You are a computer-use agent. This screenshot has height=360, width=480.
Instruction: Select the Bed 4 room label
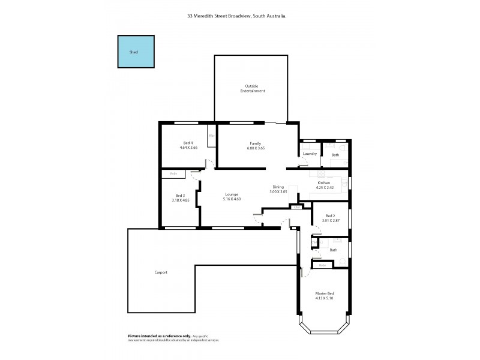[x=188, y=142]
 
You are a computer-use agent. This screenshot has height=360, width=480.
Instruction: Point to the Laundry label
[x=310, y=154]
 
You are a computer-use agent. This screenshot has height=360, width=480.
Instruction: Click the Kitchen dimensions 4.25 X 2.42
[x=324, y=188]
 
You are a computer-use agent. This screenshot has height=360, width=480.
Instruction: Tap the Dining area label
[x=278, y=187]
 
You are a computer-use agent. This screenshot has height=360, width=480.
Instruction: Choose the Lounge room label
[x=232, y=194]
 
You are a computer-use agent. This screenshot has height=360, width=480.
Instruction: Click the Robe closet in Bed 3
[x=173, y=174]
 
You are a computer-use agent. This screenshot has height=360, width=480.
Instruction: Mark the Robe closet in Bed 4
[x=212, y=136]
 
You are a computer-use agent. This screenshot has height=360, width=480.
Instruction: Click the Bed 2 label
[x=330, y=216]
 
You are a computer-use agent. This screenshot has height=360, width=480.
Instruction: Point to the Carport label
[x=161, y=272]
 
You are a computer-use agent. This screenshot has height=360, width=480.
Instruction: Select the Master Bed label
[x=324, y=293]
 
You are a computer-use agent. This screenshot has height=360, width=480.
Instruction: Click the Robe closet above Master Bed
[x=322, y=265]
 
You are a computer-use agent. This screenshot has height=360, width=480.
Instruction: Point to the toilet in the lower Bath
[x=341, y=259]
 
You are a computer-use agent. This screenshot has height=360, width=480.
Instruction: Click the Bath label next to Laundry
[x=335, y=155]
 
